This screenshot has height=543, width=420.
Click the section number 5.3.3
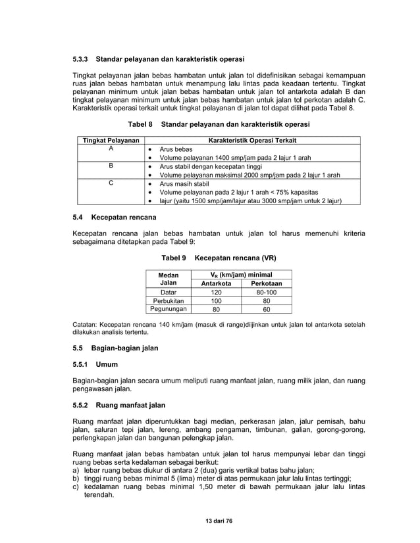(x=82, y=59)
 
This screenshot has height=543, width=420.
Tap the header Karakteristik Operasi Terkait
(x=252, y=140)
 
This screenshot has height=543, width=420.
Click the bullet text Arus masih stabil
(x=184, y=185)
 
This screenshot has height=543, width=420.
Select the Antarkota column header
(x=211, y=283)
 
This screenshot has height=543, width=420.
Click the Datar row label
(x=169, y=292)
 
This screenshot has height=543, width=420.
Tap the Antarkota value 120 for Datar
(x=211, y=292)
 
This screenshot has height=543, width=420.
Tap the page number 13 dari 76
(x=210, y=521)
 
